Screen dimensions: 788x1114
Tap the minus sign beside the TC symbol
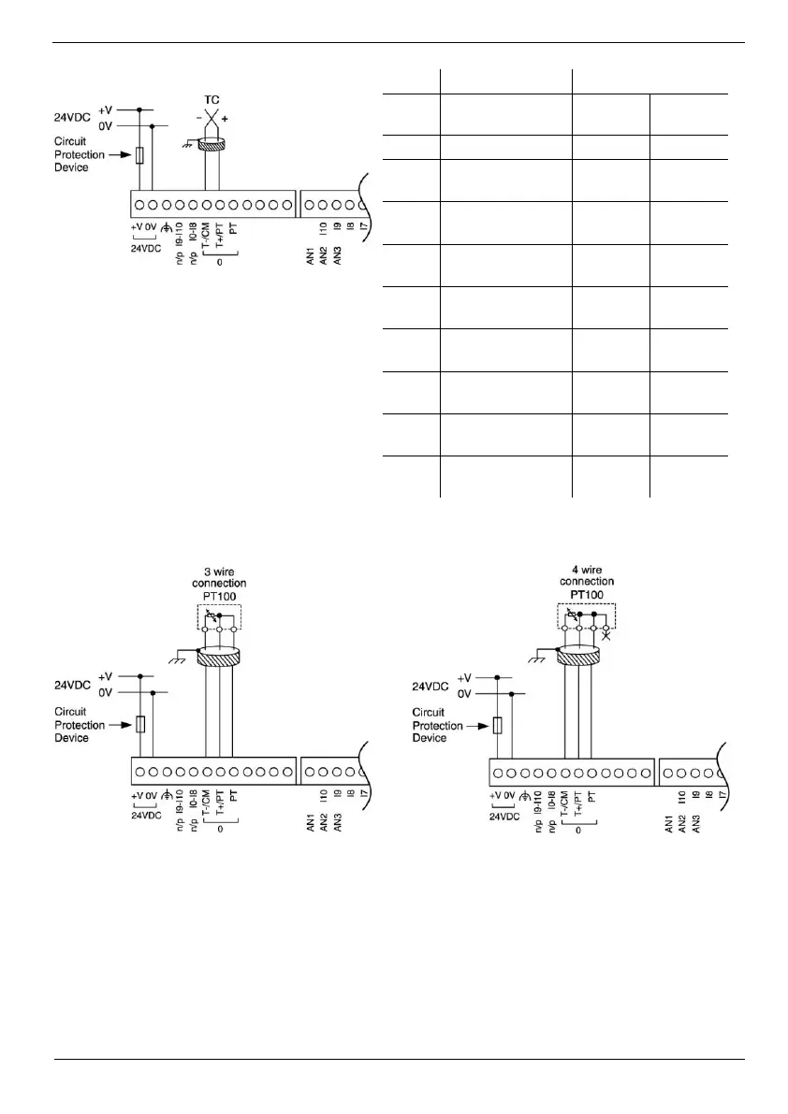pyautogui.click(x=198, y=119)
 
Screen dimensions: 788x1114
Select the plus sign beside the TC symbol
pyautogui.click(x=224, y=119)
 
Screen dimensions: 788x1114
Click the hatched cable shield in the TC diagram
pyautogui.click(x=212, y=145)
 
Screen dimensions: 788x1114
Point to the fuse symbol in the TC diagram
pyautogui.click(x=140, y=155)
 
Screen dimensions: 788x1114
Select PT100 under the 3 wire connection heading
pyautogui.click(x=219, y=596)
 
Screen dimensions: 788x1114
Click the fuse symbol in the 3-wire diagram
pyautogui.click(x=140, y=724)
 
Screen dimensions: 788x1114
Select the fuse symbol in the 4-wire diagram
pyautogui.click(x=498, y=726)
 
